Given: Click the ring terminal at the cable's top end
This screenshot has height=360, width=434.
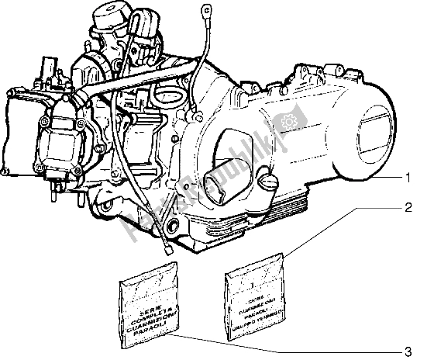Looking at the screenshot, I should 208,12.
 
